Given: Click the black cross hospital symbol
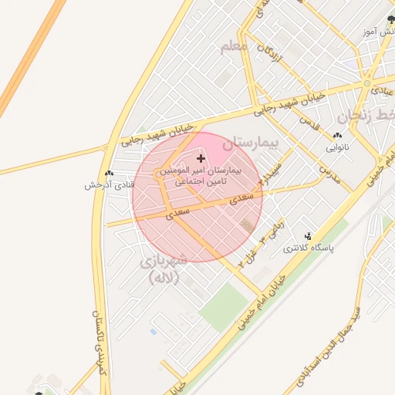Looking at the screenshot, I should [x=201, y=158].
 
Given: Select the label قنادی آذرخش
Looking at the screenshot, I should [x=110, y=185].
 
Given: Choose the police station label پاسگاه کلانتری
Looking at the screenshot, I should [x=309, y=248].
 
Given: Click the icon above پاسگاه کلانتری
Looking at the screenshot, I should [x=309, y=236].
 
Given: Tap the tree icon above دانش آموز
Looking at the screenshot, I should [x=390, y=19].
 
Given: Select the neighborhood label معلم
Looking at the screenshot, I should [x=235, y=48].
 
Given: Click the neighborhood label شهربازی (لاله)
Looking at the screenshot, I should [x=163, y=269].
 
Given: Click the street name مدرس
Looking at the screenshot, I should [x=329, y=170].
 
